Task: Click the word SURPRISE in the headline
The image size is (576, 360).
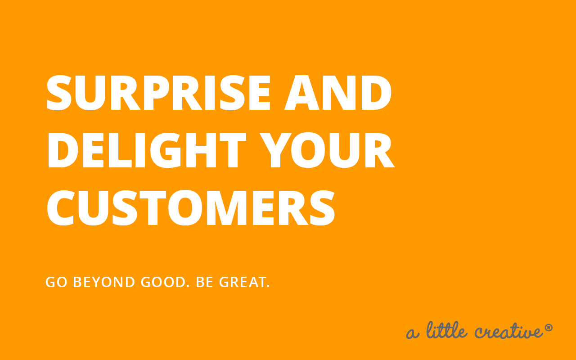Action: click(x=158, y=93)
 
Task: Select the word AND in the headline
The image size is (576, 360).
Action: click(x=338, y=93)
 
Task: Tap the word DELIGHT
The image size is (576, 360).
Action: click(x=147, y=150)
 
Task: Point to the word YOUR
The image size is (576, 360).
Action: click(x=327, y=150)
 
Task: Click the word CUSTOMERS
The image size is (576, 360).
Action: click(x=191, y=208)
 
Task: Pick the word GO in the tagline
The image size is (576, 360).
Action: click(x=56, y=282)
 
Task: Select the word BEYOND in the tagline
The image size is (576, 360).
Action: click(x=104, y=282)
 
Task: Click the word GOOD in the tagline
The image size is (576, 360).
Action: click(x=163, y=282)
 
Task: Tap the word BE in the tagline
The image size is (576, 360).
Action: click(x=204, y=282)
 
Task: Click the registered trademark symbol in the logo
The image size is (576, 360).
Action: click(x=549, y=328)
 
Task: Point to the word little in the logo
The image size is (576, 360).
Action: click(x=447, y=330)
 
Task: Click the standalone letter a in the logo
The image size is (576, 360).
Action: click(x=413, y=333)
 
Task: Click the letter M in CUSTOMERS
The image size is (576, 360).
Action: click(x=227, y=208)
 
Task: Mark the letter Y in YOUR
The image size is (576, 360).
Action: click(x=275, y=150)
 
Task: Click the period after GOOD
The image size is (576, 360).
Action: click(x=188, y=286)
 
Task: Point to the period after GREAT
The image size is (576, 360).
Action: click(x=268, y=286)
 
